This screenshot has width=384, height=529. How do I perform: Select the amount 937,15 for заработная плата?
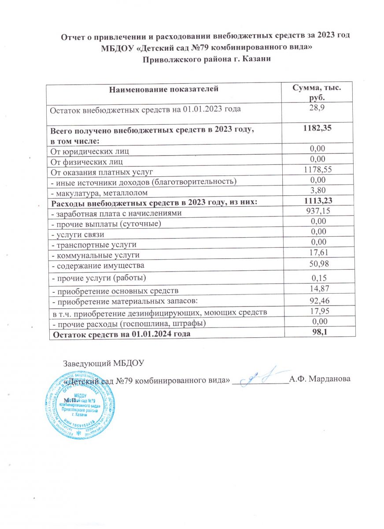click(317, 212)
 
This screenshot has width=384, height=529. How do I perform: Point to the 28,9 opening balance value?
click(317, 107)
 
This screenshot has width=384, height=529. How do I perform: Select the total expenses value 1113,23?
click(317, 202)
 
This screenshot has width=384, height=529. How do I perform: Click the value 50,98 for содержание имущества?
click(317, 264)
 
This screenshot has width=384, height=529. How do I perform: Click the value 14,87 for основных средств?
click(317, 289)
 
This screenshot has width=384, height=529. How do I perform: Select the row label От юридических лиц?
click(90, 151)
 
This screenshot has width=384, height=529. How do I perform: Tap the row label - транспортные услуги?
click(94, 244)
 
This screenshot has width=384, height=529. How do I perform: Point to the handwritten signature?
click(263, 376)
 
